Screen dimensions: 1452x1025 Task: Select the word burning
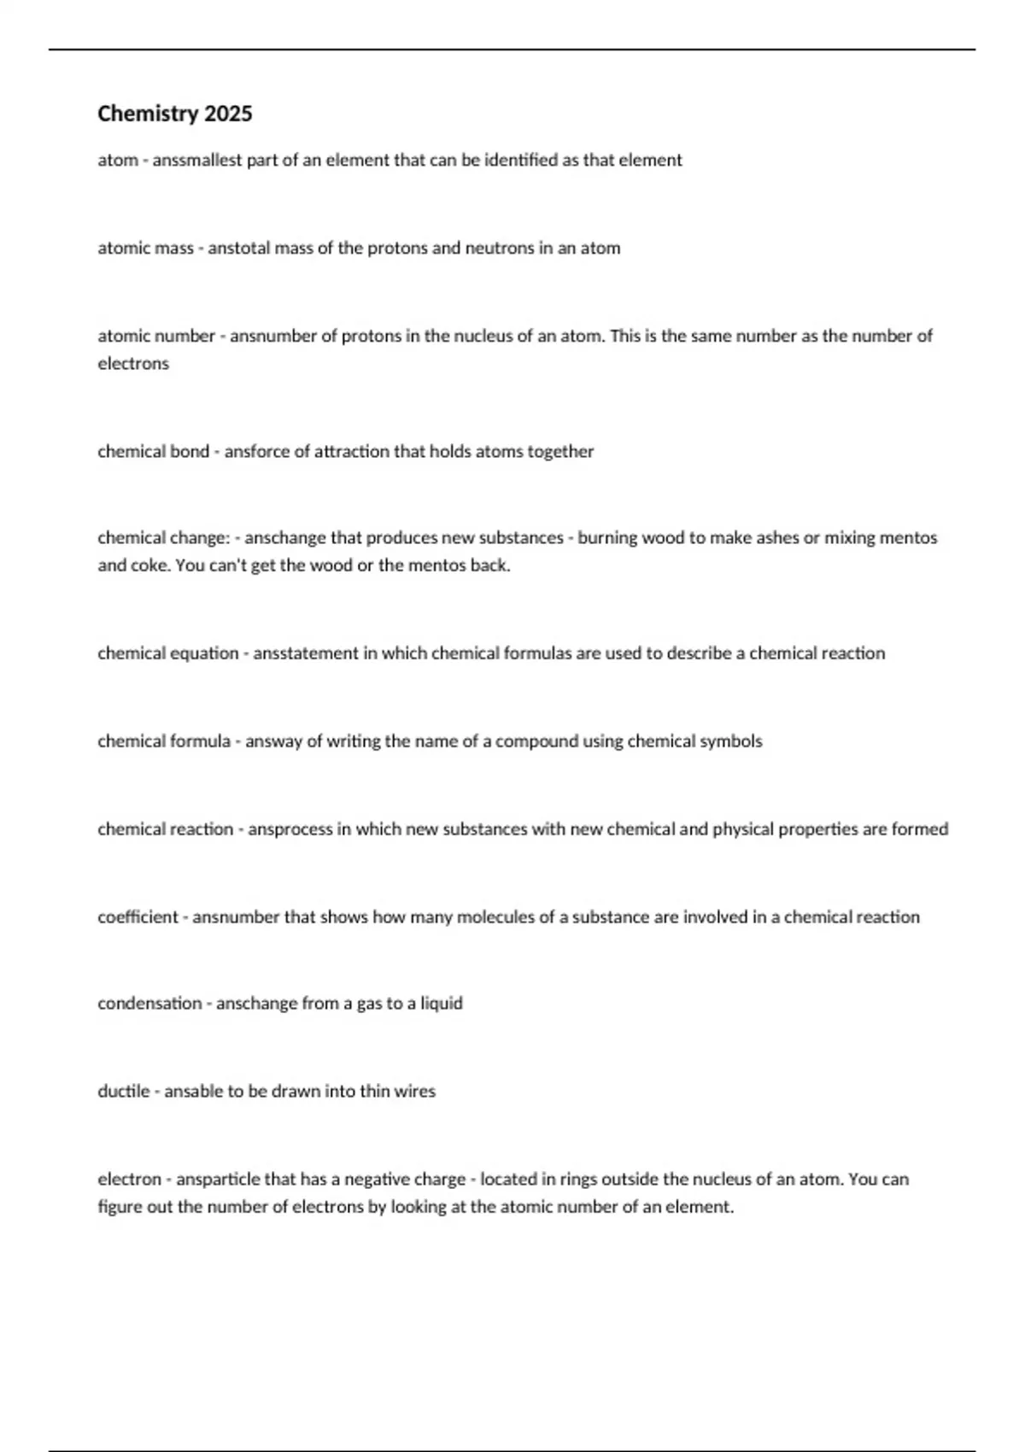607,537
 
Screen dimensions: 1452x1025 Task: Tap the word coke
150,565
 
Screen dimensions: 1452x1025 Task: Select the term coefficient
138,916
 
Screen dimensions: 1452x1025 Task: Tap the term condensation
149,1003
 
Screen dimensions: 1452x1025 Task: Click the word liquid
442,1003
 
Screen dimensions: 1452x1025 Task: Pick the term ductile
124,1091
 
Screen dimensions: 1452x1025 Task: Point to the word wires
414,1091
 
